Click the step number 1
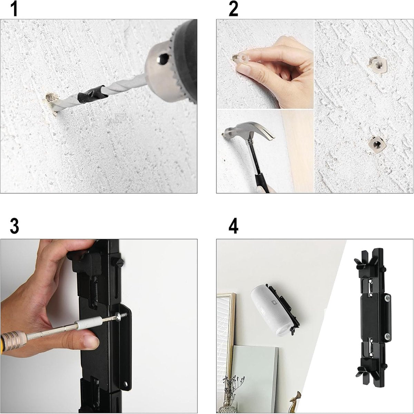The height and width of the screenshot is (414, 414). point(13,9)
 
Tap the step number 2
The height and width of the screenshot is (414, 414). point(233,9)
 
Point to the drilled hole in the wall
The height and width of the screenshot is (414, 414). point(50,97)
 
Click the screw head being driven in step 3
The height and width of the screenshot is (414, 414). point(121,315)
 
